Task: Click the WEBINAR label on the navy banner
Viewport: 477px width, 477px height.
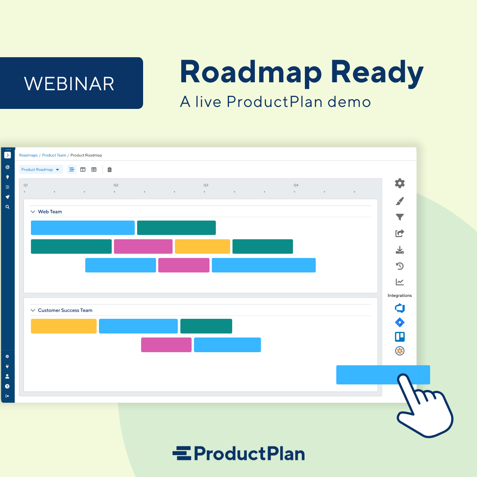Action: [x=70, y=83]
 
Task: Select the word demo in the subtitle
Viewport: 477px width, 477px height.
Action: [x=349, y=102]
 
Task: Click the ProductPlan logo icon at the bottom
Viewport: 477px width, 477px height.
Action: [x=182, y=454]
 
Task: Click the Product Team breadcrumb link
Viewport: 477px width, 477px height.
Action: [x=54, y=155]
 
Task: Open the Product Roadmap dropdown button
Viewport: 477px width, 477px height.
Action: [x=41, y=170]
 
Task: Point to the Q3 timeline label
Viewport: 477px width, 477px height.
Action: [x=206, y=185]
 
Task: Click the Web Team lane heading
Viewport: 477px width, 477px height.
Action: [x=50, y=212]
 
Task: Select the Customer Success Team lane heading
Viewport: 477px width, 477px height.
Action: [x=65, y=310]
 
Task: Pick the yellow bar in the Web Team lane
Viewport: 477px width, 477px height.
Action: [x=202, y=246]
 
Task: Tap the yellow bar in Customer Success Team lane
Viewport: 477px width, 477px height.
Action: [x=64, y=326]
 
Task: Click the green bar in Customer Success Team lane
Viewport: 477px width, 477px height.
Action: [x=206, y=326]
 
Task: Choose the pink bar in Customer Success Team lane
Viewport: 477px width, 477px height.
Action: [x=166, y=345]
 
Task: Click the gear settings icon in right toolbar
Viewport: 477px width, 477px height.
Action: [x=399, y=183]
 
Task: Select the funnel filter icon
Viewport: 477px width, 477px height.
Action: [x=399, y=217]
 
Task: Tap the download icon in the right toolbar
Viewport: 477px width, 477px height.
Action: [x=399, y=250]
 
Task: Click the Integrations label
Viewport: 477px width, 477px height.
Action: [x=399, y=296]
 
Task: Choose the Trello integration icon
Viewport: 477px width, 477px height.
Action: [x=399, y=337]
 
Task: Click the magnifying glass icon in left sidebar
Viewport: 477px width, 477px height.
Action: [x=7, y=207]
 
